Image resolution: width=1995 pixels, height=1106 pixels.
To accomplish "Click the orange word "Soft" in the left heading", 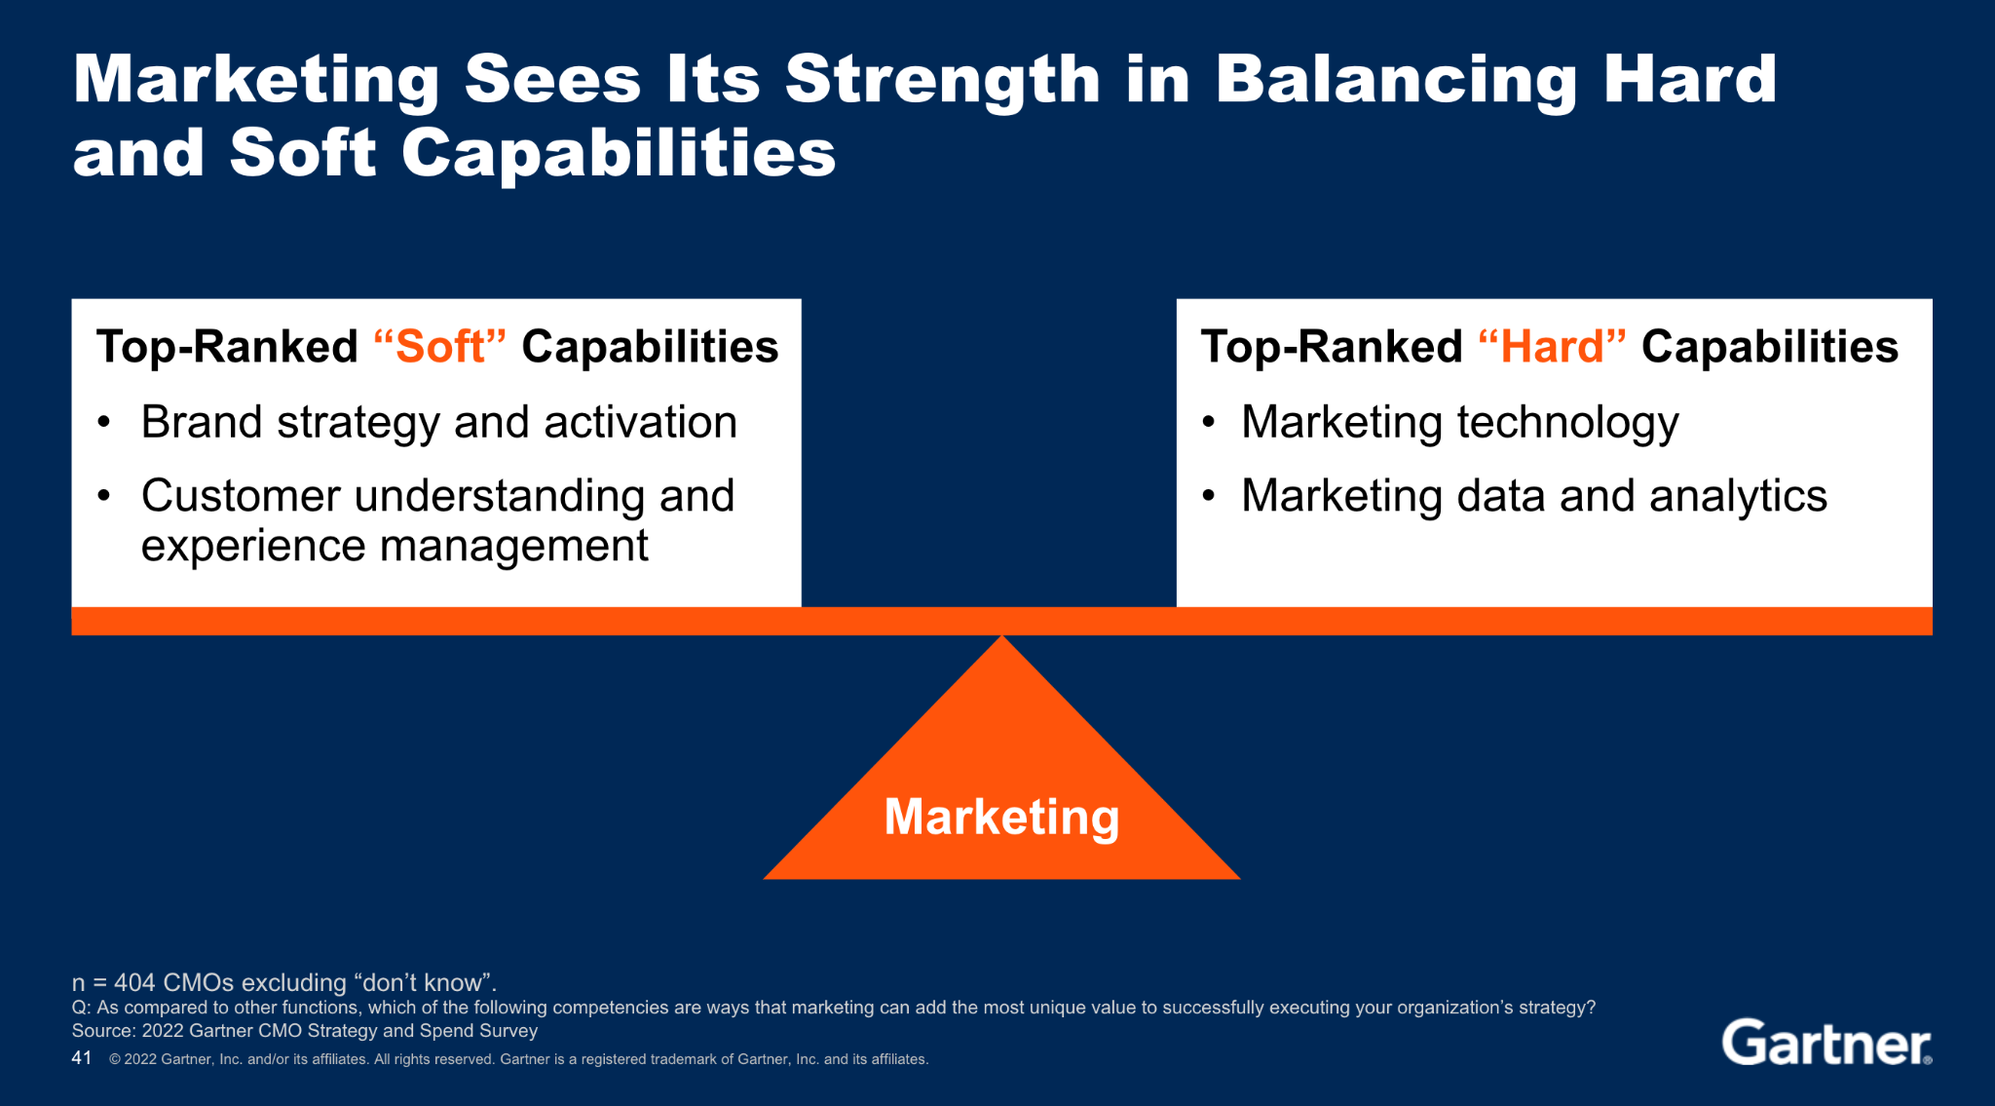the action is (440, 347).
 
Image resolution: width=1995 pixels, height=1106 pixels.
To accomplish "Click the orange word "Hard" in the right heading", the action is (1552, 347).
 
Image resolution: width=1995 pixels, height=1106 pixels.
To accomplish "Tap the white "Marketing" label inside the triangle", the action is (1001, 817).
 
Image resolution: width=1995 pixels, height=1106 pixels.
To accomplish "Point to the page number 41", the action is (82, 1058).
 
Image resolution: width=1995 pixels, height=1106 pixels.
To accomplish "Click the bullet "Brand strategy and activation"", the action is (439, 423).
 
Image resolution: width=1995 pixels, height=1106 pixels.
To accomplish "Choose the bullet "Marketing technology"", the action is (1460, 423).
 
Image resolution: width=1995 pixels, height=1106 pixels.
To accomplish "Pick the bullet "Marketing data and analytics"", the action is (1534, 497).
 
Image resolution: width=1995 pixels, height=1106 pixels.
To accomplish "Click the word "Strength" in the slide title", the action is (943, 81).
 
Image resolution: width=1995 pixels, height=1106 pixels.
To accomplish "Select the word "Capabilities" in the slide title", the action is (619, 155).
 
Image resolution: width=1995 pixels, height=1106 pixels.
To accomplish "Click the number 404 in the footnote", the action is (134, 982).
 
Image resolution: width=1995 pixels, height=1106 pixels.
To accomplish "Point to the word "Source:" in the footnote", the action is (104, 1031).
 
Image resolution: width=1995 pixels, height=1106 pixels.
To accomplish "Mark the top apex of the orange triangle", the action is (1001, 635).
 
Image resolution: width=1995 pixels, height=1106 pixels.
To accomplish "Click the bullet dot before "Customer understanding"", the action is (104, 496).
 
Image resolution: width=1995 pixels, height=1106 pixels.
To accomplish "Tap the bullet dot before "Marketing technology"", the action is (1209, 422).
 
